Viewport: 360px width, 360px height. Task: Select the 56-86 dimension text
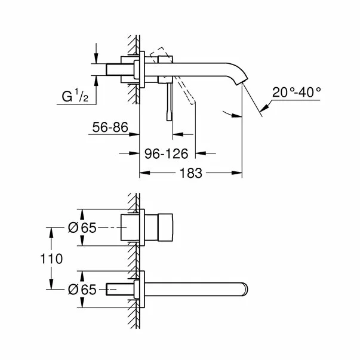pyautogui.click(x=112, y=127)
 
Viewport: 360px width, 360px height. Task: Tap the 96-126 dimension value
pyautogui.click(x=167, y=153)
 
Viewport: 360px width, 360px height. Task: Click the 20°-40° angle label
pyautogui.click(x=296, y=92)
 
